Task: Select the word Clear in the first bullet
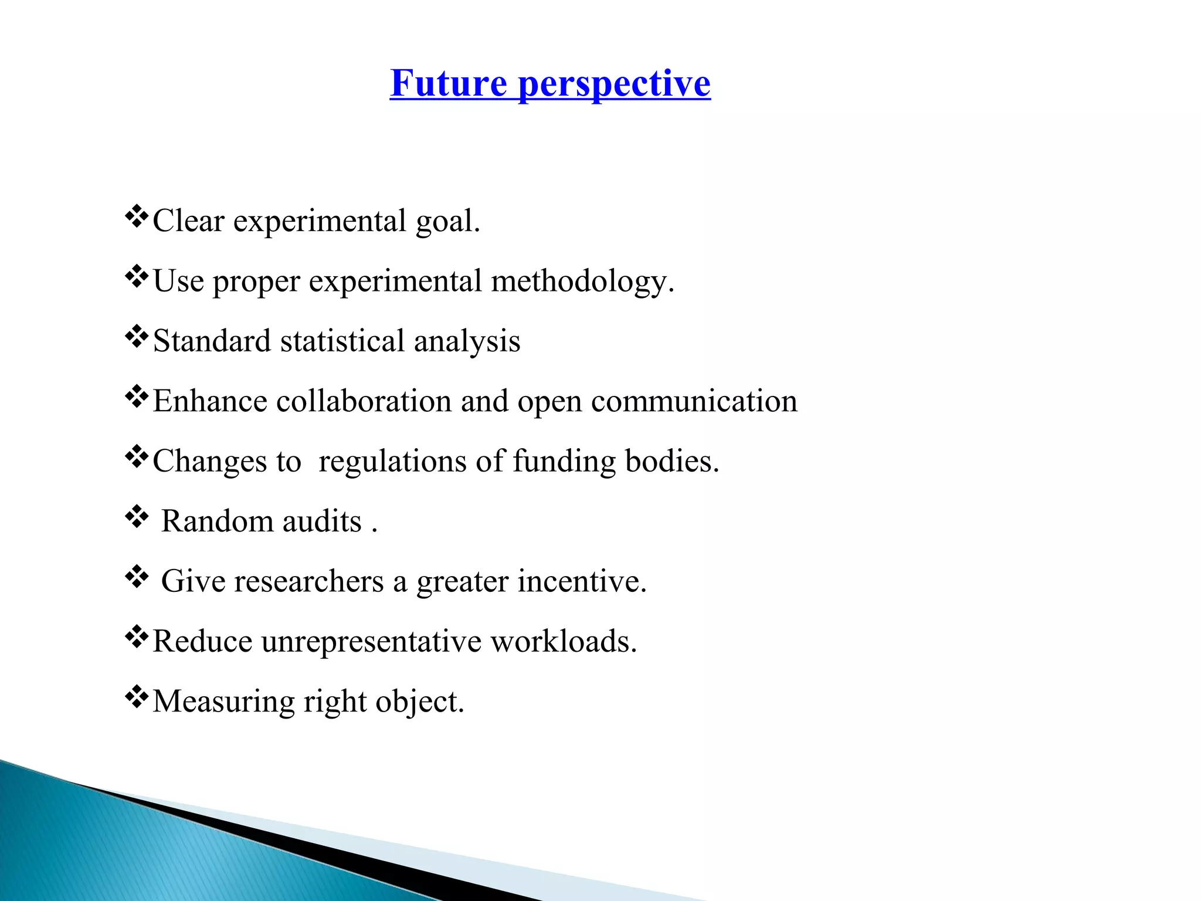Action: [188, 221]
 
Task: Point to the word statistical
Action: [342, 341]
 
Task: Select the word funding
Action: [564, 462]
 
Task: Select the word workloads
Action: [564, 641]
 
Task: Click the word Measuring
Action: [223, 702]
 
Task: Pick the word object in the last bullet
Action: [420, 702]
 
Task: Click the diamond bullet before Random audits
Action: [137, 517]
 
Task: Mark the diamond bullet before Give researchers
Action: [137, 577]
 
